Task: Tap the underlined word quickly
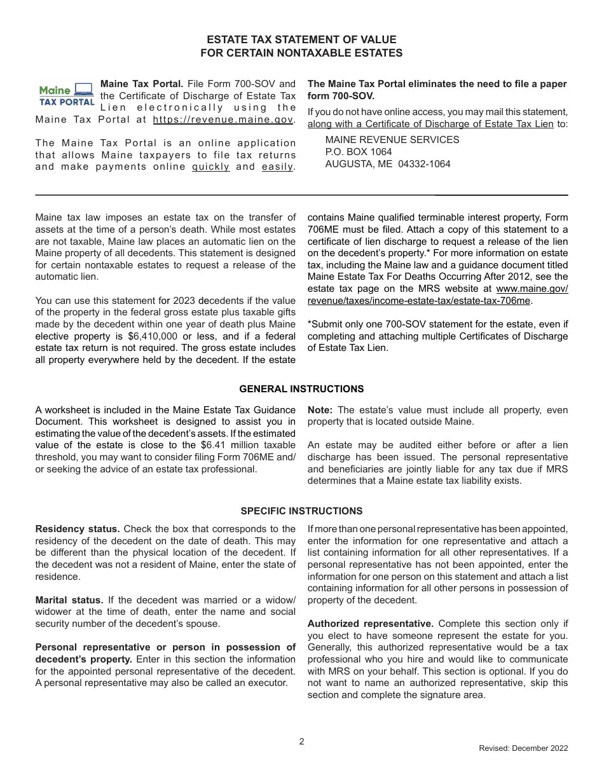[211, 167]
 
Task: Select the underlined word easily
[278, 167]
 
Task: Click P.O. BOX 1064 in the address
[359, 152]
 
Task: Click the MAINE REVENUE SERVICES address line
[392, 140]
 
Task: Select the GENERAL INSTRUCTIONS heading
[301, 389]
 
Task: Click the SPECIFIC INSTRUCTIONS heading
[301, 511]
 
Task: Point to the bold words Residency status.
[77, 529]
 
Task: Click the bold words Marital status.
[69, 600]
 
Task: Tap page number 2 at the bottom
[301, 741]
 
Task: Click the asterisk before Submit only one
[310, 324]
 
